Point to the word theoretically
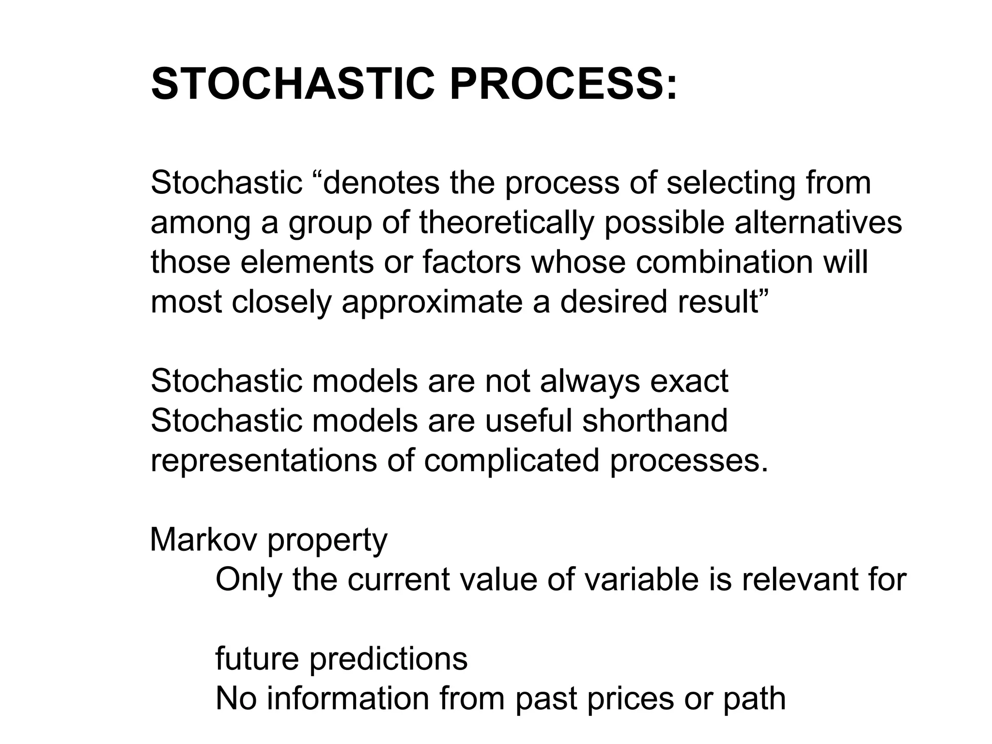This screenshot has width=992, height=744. tap(506, 223)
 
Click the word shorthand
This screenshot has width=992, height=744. tap(654, 420)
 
